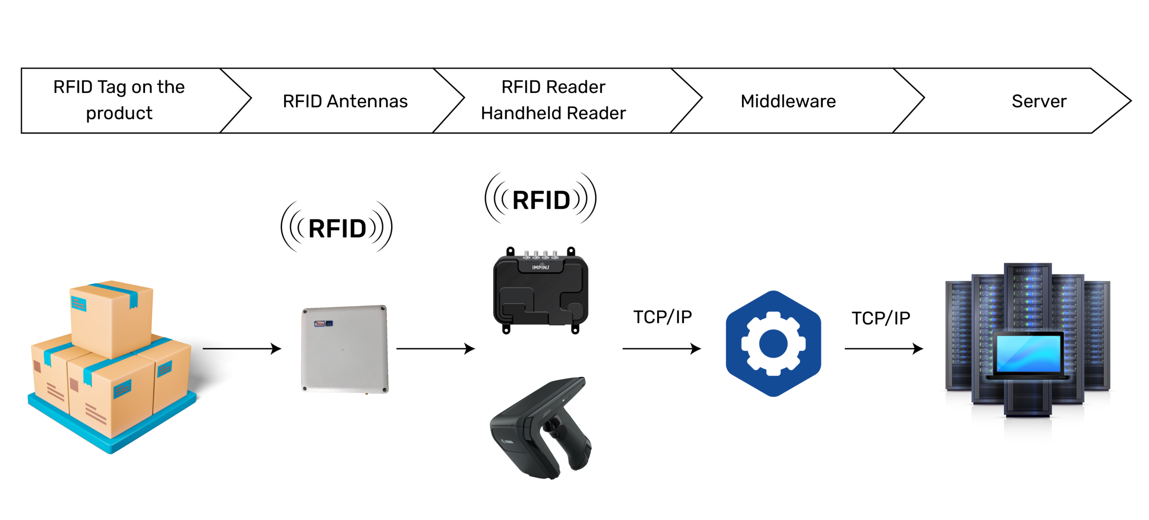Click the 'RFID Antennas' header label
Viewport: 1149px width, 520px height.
tap(345, 101)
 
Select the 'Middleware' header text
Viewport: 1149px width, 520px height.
tap(788, 101)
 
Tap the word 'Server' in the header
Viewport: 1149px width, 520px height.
tap(1039, 101)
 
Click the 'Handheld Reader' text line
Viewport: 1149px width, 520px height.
tap(553, 113)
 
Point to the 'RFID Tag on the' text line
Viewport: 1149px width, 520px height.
tap(119, 87)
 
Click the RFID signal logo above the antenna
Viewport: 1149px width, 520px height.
tap(337, 228)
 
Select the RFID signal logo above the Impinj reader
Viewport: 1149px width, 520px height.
tap(540, 199)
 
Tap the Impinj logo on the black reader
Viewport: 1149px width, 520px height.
tap(540, 267)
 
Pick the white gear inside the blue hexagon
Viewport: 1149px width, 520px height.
tap(773, 344)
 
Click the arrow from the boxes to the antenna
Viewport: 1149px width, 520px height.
tap(241, 348)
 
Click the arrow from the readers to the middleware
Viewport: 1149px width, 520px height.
tap(661, 348)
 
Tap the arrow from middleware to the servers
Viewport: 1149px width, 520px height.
tap(883, 348)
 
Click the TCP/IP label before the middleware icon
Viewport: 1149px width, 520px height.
tap(662, 317)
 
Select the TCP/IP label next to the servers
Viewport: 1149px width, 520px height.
tap(881, 318)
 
